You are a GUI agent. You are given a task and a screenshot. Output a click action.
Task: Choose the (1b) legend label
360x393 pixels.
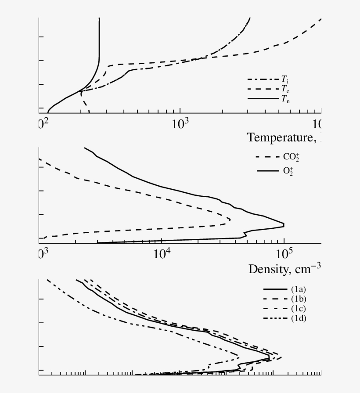298,299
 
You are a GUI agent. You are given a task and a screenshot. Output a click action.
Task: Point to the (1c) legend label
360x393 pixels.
298,308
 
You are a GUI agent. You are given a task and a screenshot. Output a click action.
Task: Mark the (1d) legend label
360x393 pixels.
298,318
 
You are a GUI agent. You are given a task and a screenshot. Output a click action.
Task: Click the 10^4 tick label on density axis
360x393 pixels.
162,254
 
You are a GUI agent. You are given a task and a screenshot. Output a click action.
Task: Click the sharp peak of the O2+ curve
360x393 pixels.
283,225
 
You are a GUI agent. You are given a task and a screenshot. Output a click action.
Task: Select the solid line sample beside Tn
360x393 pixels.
263,99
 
